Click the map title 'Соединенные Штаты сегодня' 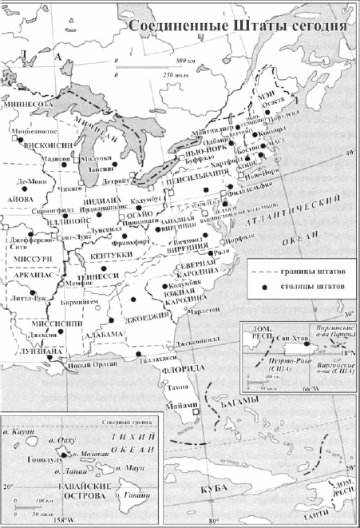point(238,26)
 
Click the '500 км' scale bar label point(185,62)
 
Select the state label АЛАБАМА point(106,333)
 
